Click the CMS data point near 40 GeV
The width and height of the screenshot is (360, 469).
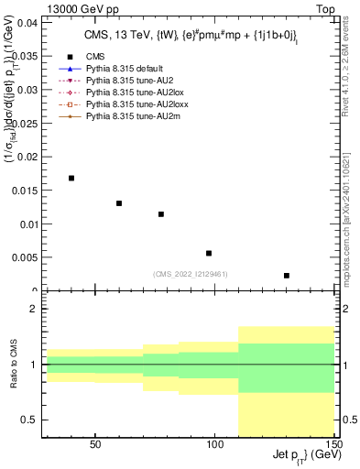pos(71,178)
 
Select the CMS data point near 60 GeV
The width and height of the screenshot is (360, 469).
pos(119,203)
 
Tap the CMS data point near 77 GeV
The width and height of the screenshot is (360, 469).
pos(161,214)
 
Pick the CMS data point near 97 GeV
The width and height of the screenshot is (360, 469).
pos(209,253)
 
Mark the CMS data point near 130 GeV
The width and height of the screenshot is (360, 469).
pos(287,275)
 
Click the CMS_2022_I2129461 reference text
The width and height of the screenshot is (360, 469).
pos(190,274)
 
